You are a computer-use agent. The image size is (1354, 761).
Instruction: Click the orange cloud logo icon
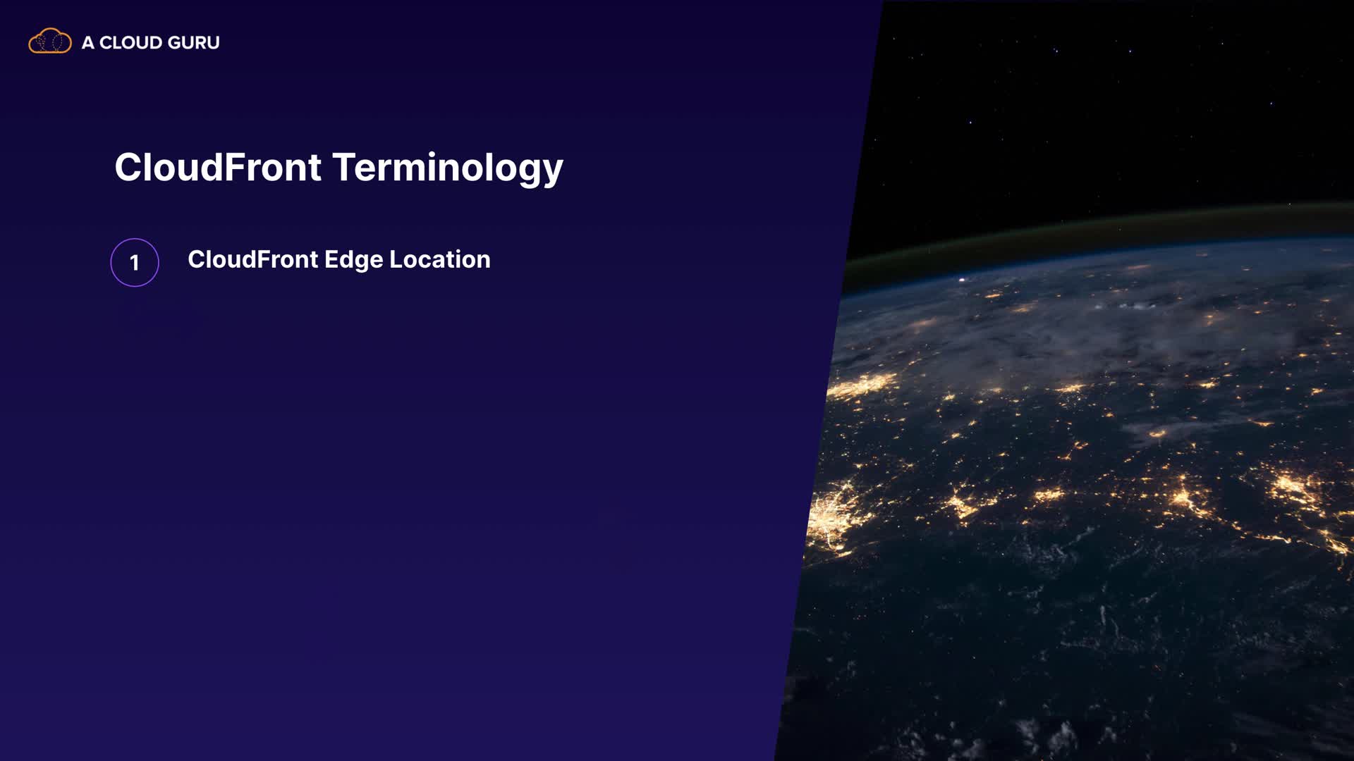(x=50, y=42)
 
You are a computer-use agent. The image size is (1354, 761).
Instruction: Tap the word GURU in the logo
(x=194, y=43)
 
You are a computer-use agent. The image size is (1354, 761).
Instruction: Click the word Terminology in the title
(x=448, y=169)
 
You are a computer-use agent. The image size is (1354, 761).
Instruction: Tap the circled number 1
(x=135, y=262)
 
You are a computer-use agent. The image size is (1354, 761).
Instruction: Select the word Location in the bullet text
(x=440, y=259)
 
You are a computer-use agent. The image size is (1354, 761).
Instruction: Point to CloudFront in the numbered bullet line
(x=253, y=259)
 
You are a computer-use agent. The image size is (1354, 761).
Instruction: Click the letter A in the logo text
(x=88, y=43)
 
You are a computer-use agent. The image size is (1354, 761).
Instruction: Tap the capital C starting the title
(x=128, y=168)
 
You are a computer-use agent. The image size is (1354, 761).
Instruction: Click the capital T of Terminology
(x=345, y=167)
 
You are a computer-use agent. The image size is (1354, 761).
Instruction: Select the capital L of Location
(x=397, y=259)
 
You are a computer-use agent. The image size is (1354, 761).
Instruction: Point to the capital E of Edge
(x=331, y=259)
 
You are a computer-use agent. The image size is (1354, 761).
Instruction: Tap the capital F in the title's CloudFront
(x=236, y=167)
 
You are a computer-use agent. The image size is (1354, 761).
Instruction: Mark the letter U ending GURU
(x=214, y=43)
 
